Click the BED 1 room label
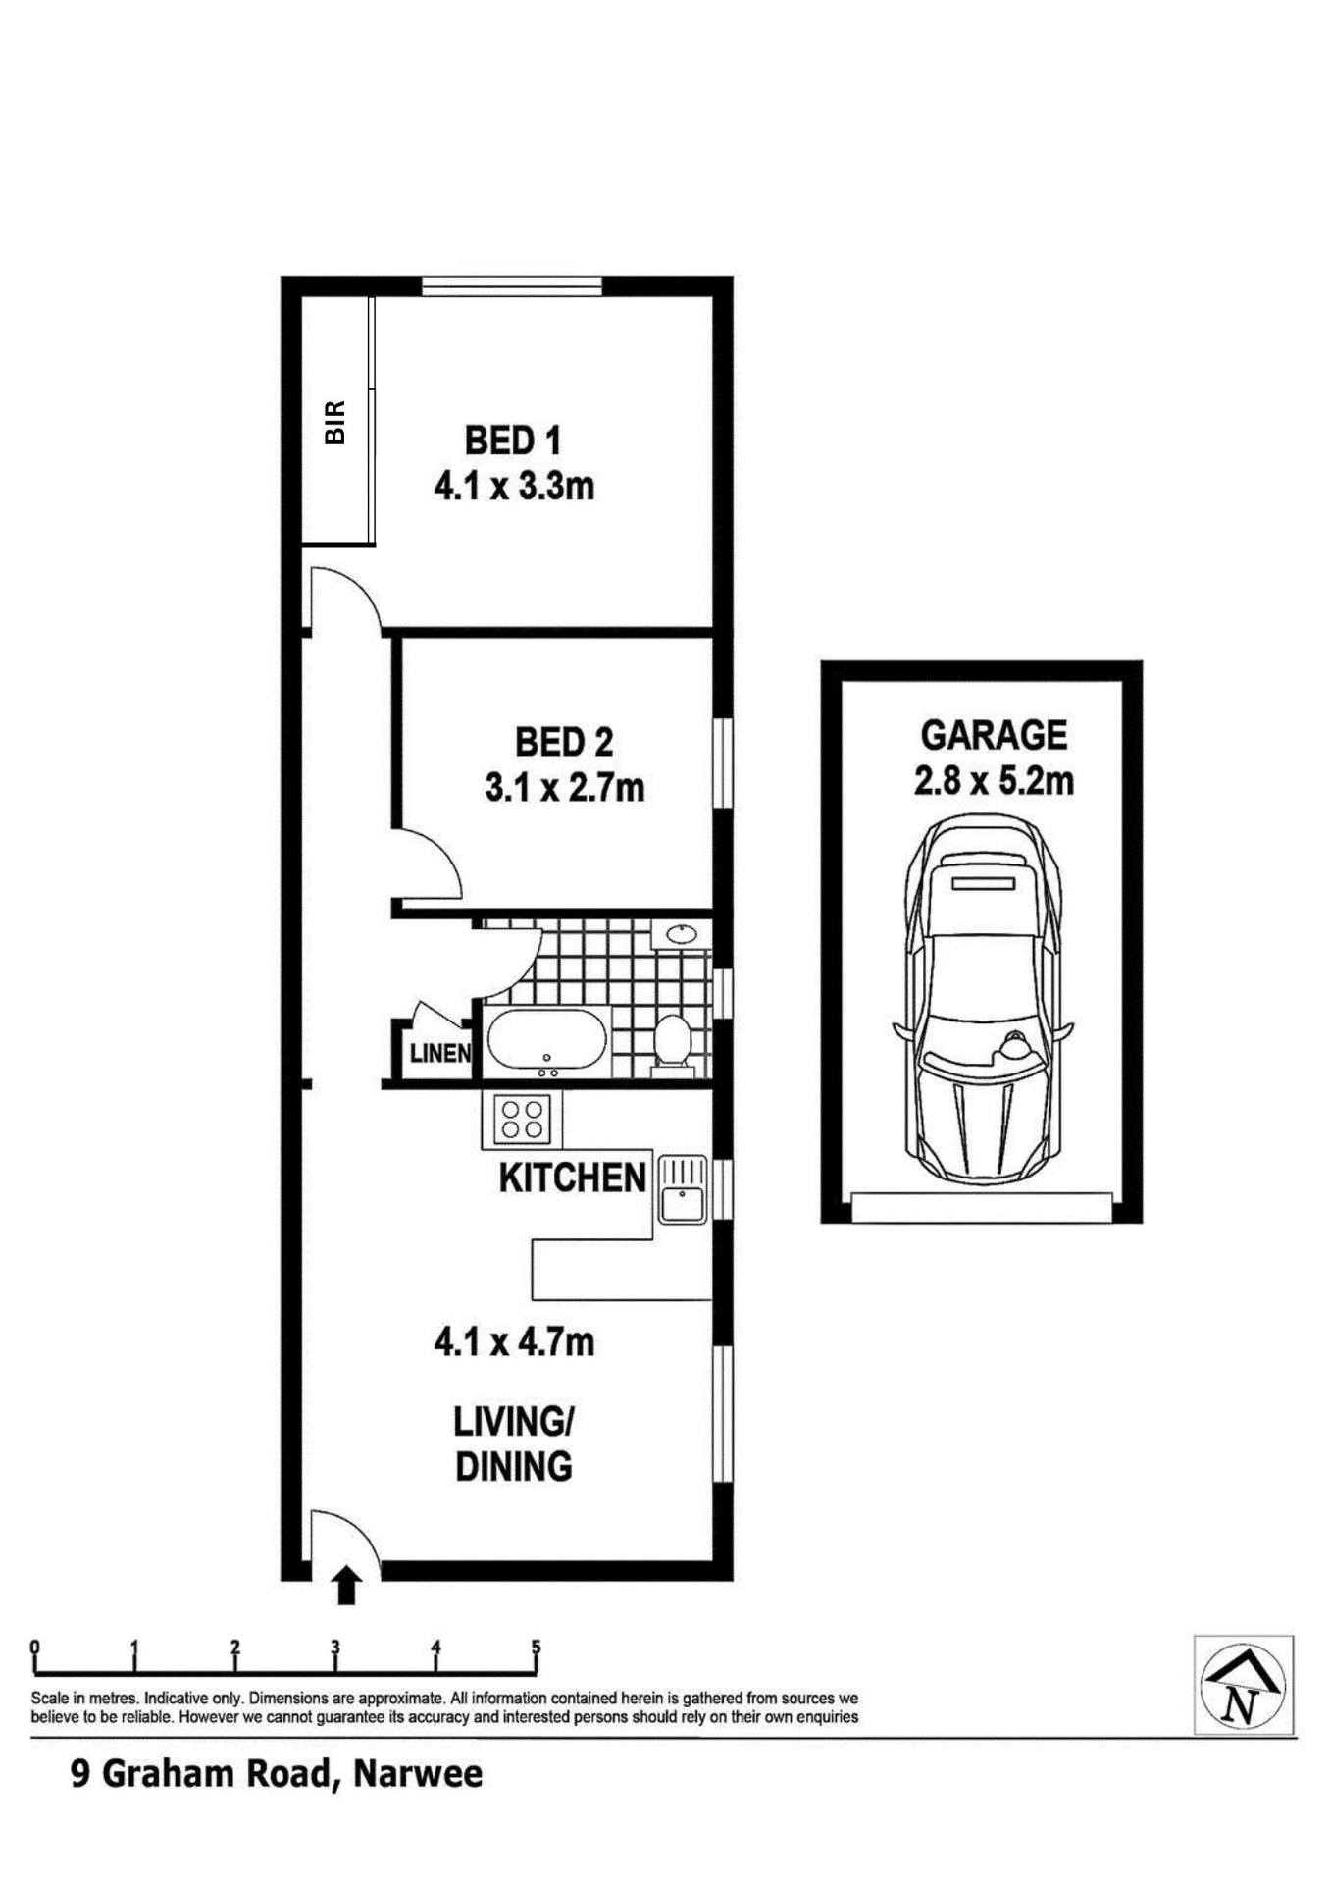512,441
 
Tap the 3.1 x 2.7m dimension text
564,787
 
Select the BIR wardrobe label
335,422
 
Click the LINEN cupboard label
440,1054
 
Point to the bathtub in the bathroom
546,1041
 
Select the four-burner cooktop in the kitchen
522,1120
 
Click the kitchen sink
682,1190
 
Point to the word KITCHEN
573,1177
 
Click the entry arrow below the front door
345,1587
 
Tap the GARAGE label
994,735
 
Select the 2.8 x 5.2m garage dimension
994,781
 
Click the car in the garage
982,1001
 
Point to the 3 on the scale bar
335,1648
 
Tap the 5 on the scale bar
536,1648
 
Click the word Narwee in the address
418,1774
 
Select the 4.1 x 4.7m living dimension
514,1342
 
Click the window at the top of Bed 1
512,286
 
